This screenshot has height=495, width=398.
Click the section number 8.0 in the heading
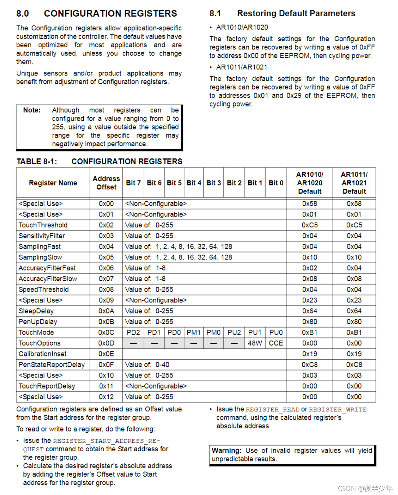(22, 14)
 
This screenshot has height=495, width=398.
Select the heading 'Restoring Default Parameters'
(296, 14)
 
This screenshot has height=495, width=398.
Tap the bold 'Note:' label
(32, 110)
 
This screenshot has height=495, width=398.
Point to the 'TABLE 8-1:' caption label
(36, 162)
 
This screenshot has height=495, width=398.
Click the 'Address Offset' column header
(106, 183)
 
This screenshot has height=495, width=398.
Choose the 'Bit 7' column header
(133, 183)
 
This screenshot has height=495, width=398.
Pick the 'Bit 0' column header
(276, 183)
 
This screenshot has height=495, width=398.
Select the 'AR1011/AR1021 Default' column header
(354, 183)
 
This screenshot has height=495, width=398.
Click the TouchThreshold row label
(43, 225)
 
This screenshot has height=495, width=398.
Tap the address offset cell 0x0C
(106, 332)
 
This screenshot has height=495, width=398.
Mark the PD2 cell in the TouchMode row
(133, 332)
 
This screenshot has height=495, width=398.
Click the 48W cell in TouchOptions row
(255, 343)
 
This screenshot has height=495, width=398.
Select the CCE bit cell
(276, 343)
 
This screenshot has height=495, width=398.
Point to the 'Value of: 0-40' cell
(147, 365)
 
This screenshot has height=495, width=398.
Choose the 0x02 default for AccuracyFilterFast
(310, 268)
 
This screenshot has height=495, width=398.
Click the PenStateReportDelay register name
(52, 365)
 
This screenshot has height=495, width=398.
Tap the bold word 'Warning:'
(227, 451)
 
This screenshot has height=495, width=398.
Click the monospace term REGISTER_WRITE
(338, 409)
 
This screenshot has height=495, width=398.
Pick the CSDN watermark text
(365, 489)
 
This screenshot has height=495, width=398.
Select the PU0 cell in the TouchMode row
(276, 332)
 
